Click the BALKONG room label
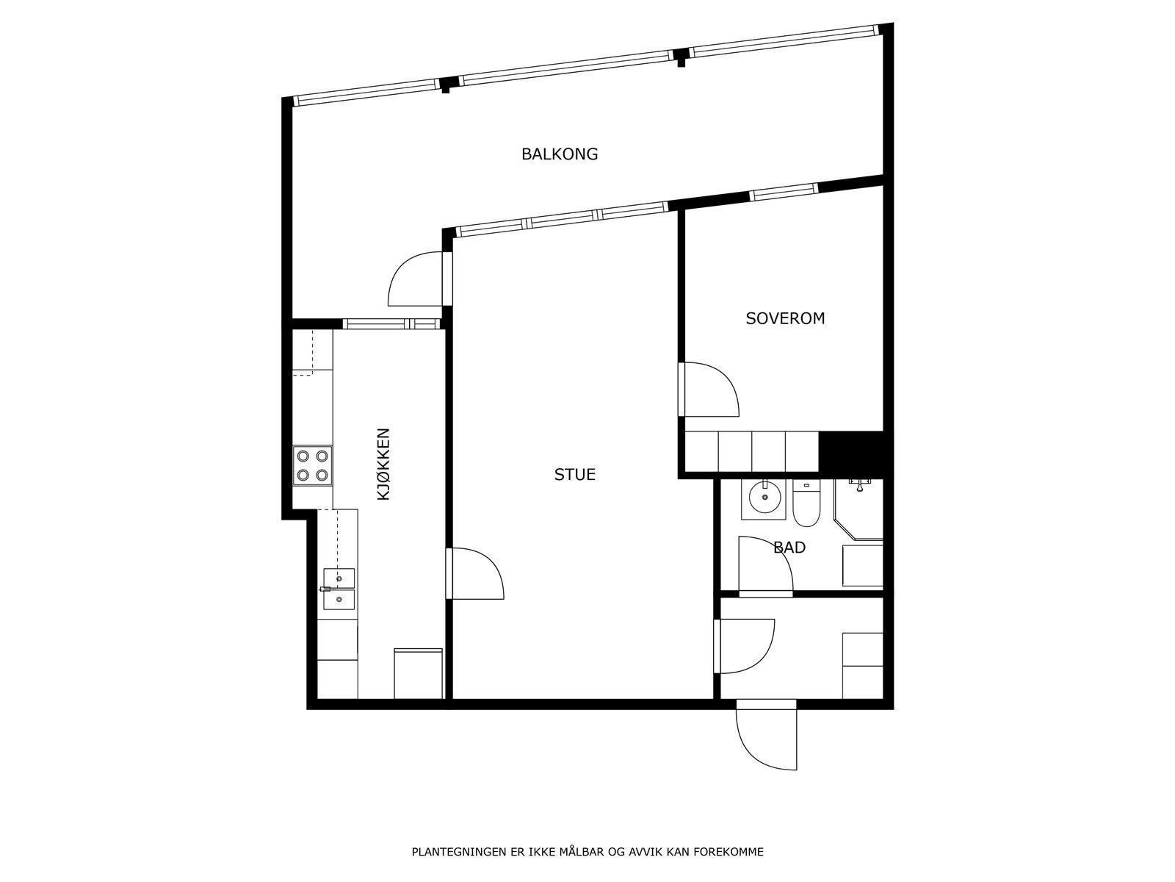[560, 154]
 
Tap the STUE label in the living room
[574, 475]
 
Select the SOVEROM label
[785, 318]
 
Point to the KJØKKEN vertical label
[383, 465]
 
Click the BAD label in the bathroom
[789, 548]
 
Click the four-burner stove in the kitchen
[312, 465]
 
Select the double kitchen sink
[339, 589]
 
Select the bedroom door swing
[709, 390]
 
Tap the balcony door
[417, 279]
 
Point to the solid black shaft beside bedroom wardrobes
[850, 451]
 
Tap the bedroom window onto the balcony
[784, 193]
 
